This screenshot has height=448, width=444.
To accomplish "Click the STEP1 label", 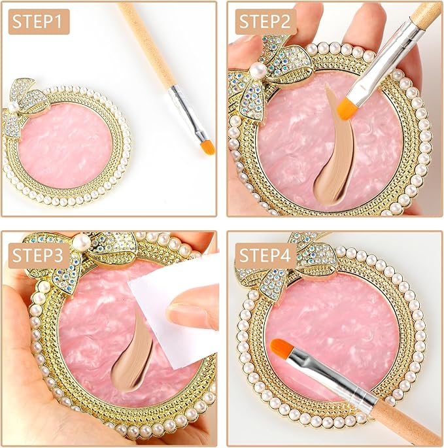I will coord(39,22).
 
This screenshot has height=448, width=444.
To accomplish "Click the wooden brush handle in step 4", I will coord(405,422).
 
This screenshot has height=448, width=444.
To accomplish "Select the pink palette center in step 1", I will coord(62,154).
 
